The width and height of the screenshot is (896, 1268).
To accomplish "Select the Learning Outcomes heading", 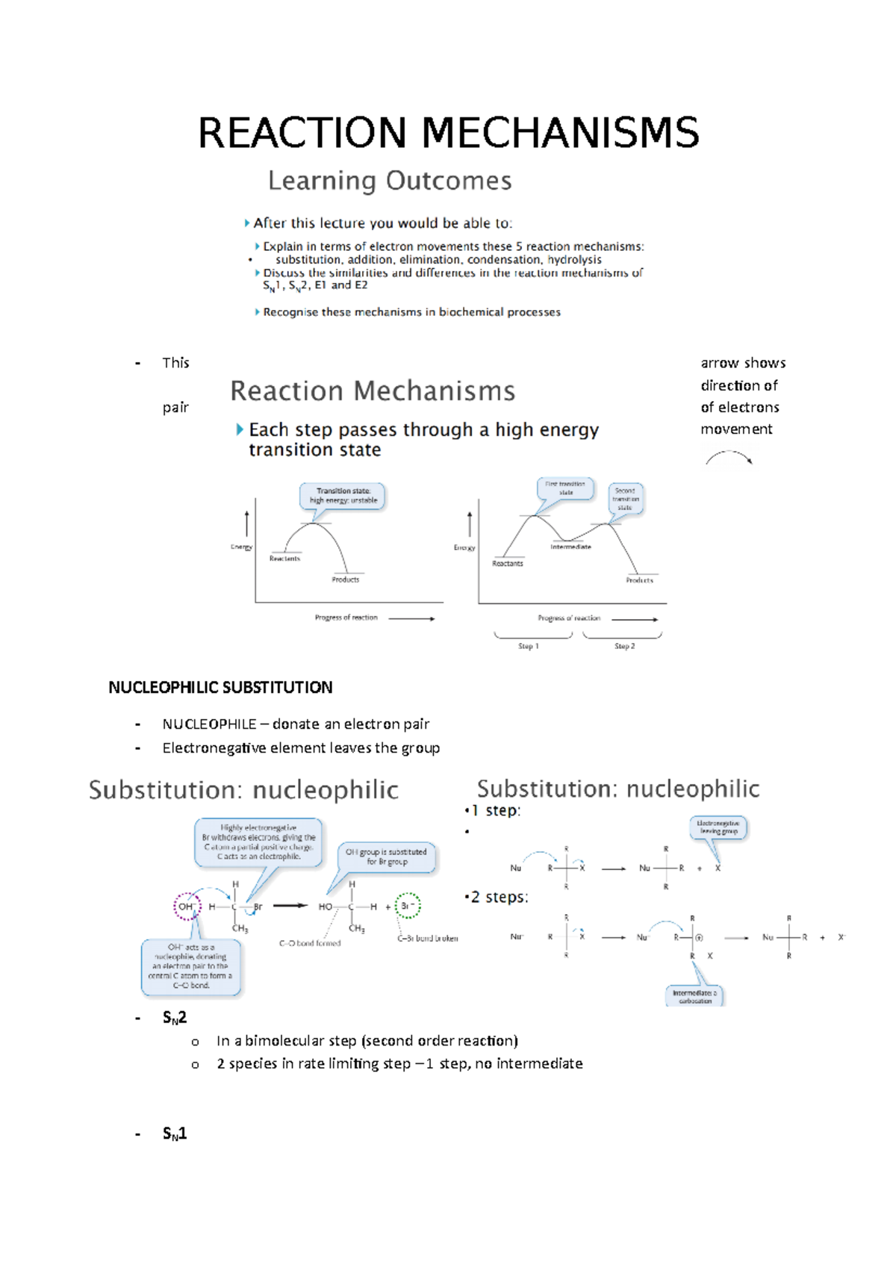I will click(390, 181).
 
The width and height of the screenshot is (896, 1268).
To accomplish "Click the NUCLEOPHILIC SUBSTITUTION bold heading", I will click(220, 687).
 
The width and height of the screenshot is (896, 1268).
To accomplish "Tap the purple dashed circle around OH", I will click(187, 907).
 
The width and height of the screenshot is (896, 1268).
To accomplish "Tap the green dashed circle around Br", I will click(408, 906).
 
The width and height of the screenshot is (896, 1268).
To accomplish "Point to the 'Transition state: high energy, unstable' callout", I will click(343, 496).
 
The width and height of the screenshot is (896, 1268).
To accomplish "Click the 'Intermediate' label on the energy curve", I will click(570, 547).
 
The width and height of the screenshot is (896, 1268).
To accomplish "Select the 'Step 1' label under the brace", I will click(528, 646).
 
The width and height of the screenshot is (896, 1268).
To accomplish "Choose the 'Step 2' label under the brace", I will click(624, 646).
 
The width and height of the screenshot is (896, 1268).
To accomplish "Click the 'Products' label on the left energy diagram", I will click(345, 579).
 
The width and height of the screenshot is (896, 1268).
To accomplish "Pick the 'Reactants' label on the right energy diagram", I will click(508, 564).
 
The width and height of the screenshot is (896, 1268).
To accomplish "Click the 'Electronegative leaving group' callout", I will click(718, 827).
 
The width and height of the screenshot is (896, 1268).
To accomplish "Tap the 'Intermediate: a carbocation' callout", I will click(694, 996).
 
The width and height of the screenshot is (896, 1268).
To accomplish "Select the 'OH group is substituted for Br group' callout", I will click(386, 857).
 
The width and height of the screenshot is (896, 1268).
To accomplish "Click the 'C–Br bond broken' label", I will click(427, 939).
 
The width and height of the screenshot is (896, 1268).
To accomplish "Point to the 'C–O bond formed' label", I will click(310, 943).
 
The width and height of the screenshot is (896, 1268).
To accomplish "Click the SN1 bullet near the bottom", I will click(175, 1134).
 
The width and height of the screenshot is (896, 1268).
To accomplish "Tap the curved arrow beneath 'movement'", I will click(729, 457).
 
